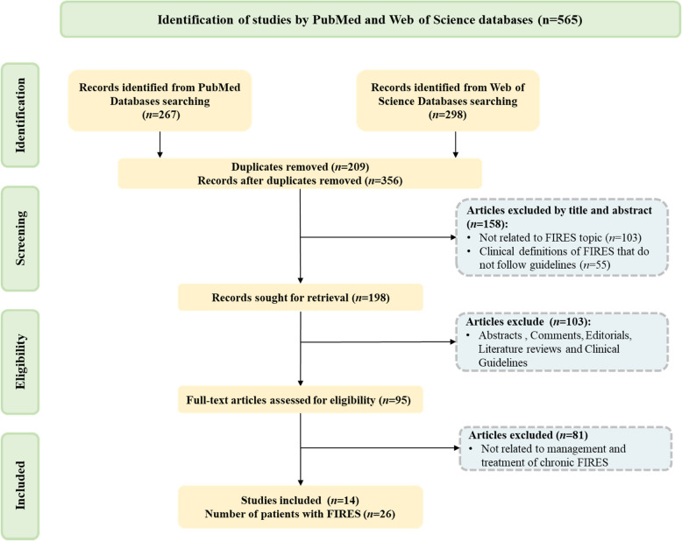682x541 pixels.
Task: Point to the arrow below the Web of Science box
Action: click(455, 143)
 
